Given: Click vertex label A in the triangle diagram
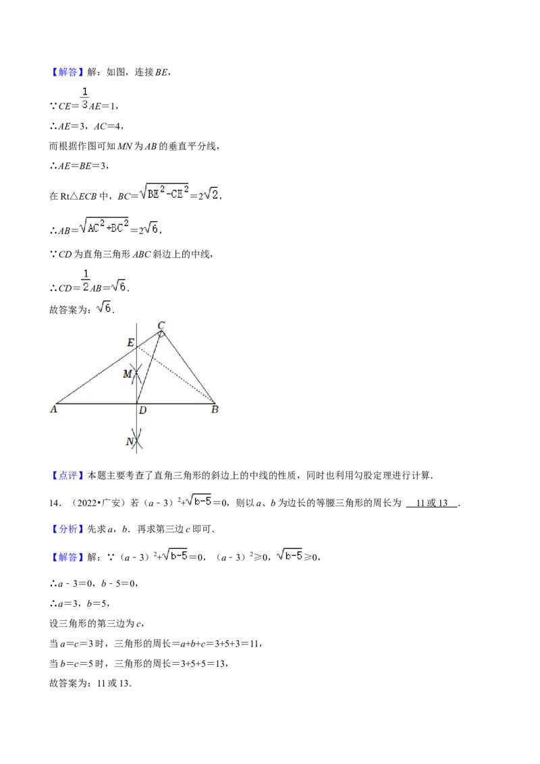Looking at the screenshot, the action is [53, 409].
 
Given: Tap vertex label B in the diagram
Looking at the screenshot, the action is [215, 410].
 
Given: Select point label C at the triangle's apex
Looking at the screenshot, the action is [161, 325].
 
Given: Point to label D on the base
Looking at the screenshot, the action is [143, 410].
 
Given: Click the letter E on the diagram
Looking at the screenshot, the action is [131, 343].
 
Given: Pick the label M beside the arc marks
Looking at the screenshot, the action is [128, 374].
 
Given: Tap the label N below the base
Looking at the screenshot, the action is [130, 441].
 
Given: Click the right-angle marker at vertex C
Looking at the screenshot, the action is [162, 334].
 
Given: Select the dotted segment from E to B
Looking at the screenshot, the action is [175, 375].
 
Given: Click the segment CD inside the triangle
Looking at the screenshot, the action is [149, 367].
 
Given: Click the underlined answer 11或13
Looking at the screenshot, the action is [432, 503].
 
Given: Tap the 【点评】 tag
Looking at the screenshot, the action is [67, 476].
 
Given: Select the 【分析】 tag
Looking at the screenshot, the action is [67, 529].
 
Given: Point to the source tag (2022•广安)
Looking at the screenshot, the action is [99, 503].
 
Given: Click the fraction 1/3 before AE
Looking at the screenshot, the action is [85, 98].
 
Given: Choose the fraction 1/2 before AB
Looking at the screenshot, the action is [86, 281].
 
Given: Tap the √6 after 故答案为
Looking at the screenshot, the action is [105, 308].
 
